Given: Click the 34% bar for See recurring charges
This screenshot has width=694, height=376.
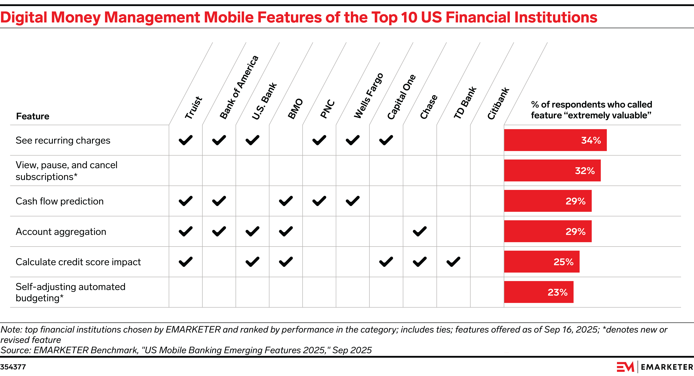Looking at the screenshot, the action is click(555, 140).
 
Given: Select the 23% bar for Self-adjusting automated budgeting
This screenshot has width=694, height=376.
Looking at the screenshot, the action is click(539, 292).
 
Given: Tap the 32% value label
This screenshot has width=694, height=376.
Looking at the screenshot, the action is click(585, 171).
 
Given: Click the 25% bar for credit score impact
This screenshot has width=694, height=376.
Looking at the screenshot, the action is click(542, 262).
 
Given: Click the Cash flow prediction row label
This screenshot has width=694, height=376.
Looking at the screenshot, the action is click(60, 201).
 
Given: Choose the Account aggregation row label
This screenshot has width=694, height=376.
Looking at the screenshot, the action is click(61, 232).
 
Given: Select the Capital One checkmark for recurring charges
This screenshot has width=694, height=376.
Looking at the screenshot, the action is click(386, 140).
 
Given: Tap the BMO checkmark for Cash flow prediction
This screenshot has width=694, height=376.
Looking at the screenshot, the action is click(286, 201).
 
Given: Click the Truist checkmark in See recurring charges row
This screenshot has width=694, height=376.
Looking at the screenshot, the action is click(186, 140).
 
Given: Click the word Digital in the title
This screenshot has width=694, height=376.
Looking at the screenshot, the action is click(24, 18).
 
